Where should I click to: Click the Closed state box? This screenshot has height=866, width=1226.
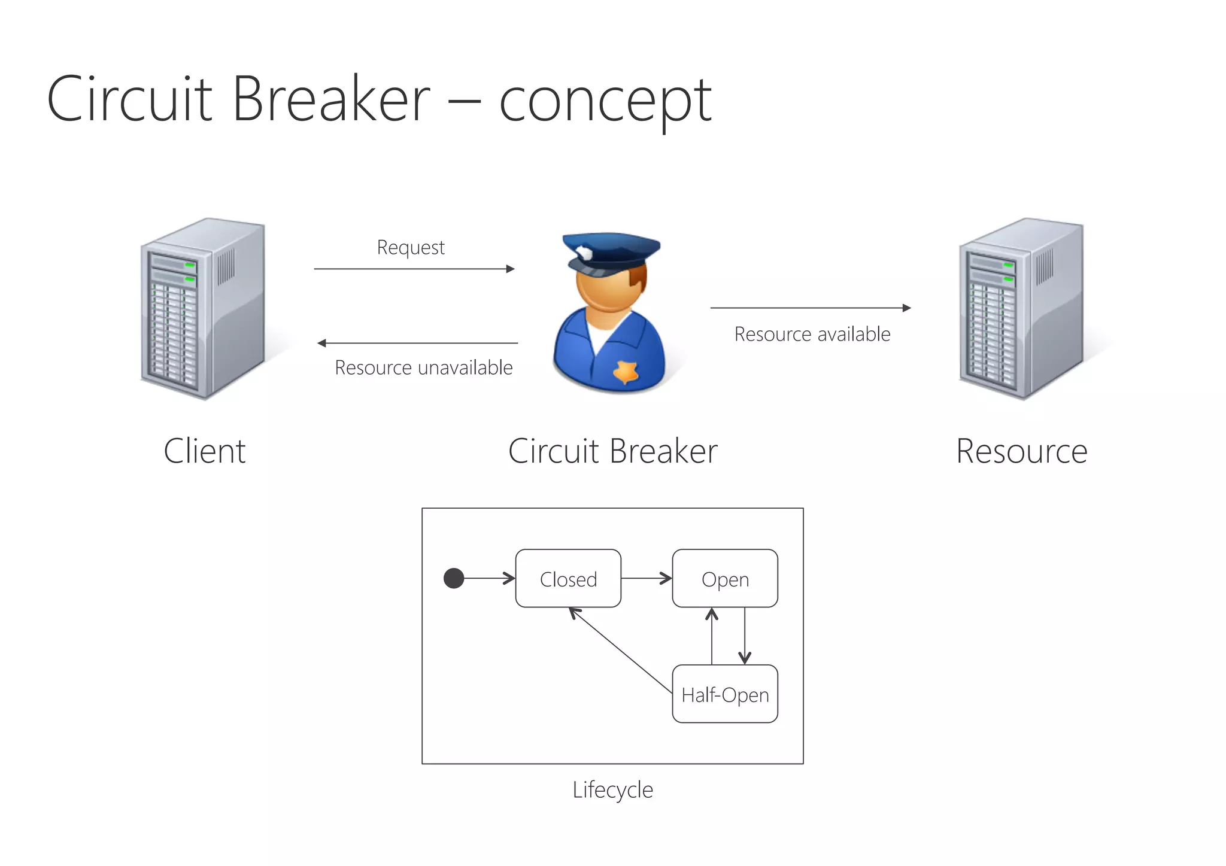(568, 579)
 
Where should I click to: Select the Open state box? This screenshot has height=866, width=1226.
(724, 579)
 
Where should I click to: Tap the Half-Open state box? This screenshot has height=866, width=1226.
(724, 694)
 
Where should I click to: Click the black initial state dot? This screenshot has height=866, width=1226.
(454, 578)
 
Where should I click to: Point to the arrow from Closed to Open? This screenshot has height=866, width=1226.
(646, 578)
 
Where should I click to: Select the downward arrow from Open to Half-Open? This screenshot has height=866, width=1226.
(745, 636)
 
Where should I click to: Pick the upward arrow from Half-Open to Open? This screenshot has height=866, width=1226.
(712, 636)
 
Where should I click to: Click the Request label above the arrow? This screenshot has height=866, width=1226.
(411, 247)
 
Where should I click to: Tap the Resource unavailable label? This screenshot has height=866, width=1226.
(423, 367)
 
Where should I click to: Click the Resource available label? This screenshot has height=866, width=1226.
(812, 334)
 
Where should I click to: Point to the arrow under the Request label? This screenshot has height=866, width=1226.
(414, 269)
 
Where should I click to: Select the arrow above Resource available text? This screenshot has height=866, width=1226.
(810, 308)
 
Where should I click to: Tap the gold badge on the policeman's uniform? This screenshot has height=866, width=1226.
(626, 372)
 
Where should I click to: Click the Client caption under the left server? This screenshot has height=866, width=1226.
(205, 451)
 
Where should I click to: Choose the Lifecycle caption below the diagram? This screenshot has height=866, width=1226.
(612, 789)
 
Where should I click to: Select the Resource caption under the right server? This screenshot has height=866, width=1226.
(1021, 451)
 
